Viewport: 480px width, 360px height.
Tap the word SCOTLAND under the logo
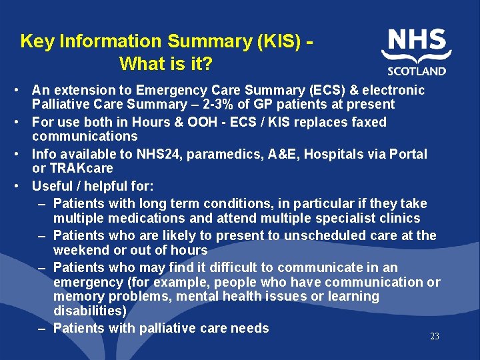(x=417, y=71)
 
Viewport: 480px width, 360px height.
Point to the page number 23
(x=435, y=337)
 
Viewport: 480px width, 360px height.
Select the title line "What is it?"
(x=166, y=65)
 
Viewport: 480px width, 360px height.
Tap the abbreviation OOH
(x=211, y=122)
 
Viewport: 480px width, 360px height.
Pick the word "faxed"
(x=367, y=122)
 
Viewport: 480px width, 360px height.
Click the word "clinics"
(x=399, y=218)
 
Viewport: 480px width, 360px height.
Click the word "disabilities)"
(x=90, y=311)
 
